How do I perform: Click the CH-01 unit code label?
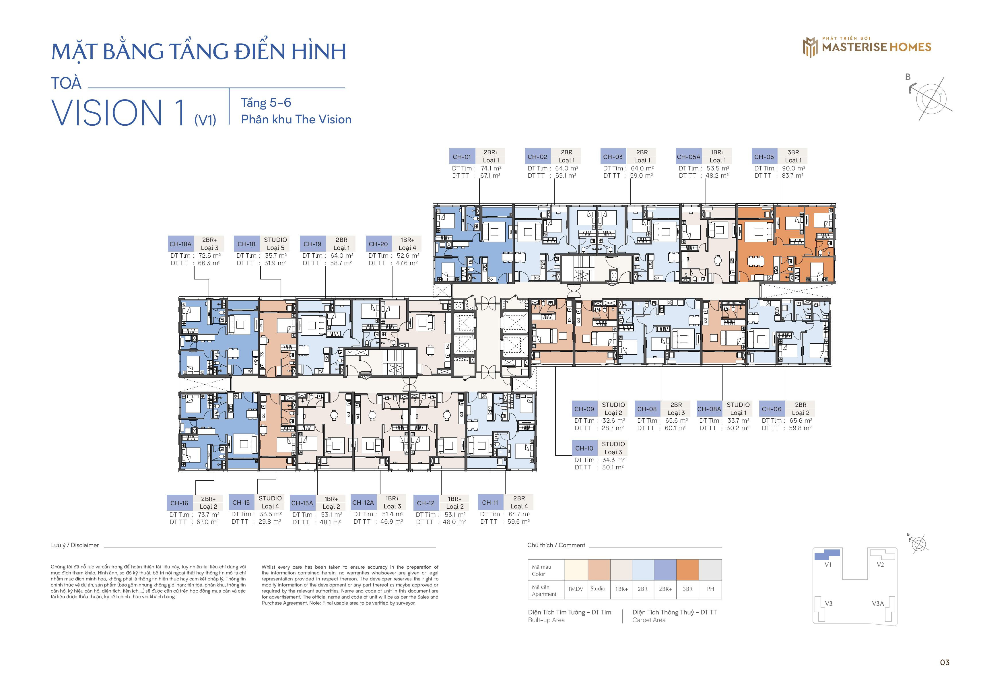[462, 157]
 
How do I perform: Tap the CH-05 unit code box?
[764, 157]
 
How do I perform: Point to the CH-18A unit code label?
[180, 244]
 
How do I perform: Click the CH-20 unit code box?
[378, 244]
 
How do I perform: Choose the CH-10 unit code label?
[584, 448]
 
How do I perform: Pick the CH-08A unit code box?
[709, 409]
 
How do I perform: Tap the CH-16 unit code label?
[179, 503]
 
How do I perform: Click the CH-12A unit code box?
[363, 503]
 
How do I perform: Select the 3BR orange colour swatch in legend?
[687, 570]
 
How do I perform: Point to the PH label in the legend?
[710, 589]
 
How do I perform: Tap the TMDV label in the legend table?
[576, 589]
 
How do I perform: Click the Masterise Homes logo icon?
[810, 47]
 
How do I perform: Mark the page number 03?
[944, 662]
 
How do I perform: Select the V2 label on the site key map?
[880, 565]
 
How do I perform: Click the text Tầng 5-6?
[266, 103]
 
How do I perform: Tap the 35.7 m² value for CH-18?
[276, 256]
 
